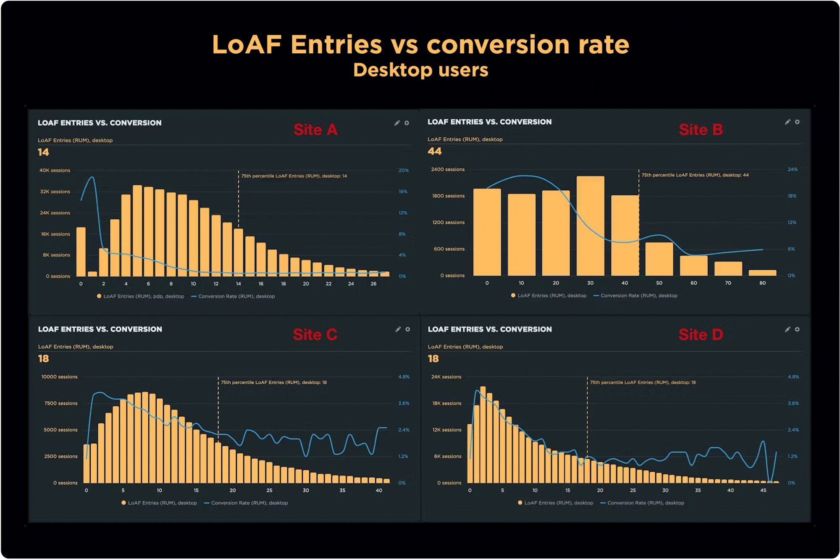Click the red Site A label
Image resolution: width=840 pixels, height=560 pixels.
pyautogui.click(x=315, y=130)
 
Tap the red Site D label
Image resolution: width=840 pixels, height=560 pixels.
pyautogui.click(x=701, y=335)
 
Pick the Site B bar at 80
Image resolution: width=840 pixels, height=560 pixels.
pyautogui.click(x=762, y=273)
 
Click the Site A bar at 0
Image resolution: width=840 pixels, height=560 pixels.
pyautogui.click(x=81, y=252)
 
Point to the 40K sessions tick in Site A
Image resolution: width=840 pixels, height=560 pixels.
pyautogui.click(x=55, y=171)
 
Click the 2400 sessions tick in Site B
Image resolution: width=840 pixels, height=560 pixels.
pyautogui.click(x=448, y=170)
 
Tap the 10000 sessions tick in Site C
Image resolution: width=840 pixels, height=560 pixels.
pyautogui.click(x=59, y=377)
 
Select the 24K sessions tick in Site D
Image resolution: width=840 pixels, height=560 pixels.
pyautogui.click(x=446, y=377)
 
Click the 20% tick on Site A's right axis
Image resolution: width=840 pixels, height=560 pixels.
pyautogui.click(x=403, y=171)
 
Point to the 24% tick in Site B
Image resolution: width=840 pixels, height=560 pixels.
pyautogui.click(x=793, y=170)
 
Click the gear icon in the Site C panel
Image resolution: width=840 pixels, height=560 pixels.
pyautogui.click(x=407, y=329)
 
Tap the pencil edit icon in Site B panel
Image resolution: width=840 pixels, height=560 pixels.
pyautogui.click(x=787, y=122)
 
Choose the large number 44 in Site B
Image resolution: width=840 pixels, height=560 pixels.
pyautogui.click(x=435, y=151)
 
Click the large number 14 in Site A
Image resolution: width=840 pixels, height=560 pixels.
pyautogui.click(x=43, y=152)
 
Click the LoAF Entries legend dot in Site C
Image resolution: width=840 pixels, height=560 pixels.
pyautogui.click(x=123, y=503)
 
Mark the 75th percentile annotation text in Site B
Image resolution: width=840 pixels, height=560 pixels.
pyautogui.click(x=695, y=175)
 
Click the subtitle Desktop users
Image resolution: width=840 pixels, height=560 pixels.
pyautogui.click(x=420, y=70)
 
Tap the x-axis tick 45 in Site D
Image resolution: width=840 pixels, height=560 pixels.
pyautogui.click(x=763, y=490)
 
